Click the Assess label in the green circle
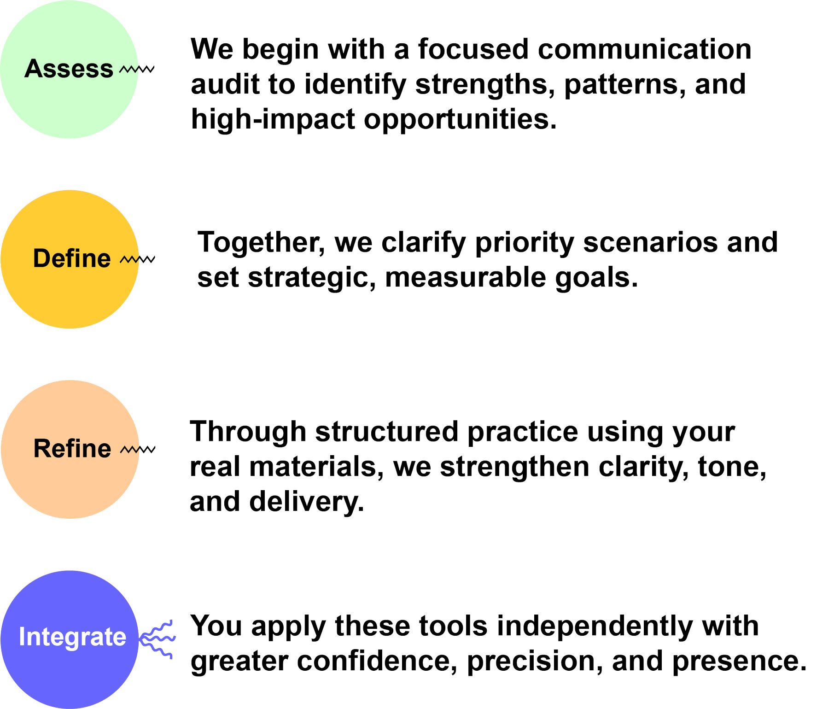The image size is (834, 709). pos(69,69)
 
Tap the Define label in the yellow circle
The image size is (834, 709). pos(72,258)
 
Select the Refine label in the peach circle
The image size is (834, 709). pos(72,448)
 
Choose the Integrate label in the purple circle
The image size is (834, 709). pos(72,637)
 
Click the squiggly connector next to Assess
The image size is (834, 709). pos(137,70)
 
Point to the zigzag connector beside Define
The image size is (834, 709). pos(138,260)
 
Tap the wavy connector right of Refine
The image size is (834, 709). pos(138,449)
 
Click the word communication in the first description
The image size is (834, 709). pos(644,50)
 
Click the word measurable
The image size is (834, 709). pos(466,278)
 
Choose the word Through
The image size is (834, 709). pos(248,432)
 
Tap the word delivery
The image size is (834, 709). pos(306,502)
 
